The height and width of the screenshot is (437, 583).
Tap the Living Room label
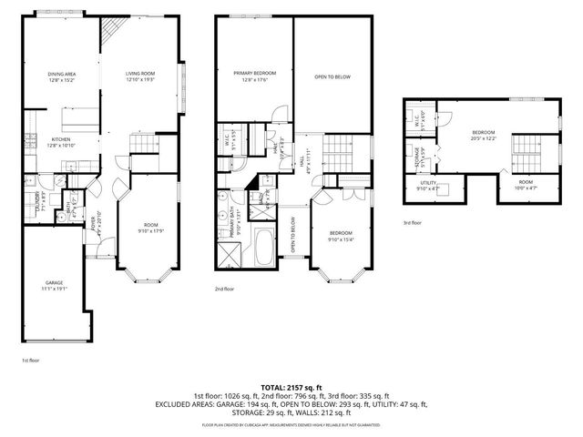pyautogui.click(x=140, y=77)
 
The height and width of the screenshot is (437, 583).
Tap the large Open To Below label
pyautogui.click(x=333, y=77)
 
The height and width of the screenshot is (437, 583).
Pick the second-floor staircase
pyautogui.click(x=338, y=146)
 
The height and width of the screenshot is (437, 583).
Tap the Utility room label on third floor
pyautogui.click(x=427, y=186)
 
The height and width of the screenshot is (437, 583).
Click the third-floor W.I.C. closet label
pyautogui.click(x=416, y=117)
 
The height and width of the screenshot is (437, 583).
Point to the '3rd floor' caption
pyautogui.click(x=414, y=222)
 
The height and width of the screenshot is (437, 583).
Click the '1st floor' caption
pyautogui.click(x=31, y=361)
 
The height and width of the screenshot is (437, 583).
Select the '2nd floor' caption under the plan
pyautogui.click(x=224, y=289)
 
